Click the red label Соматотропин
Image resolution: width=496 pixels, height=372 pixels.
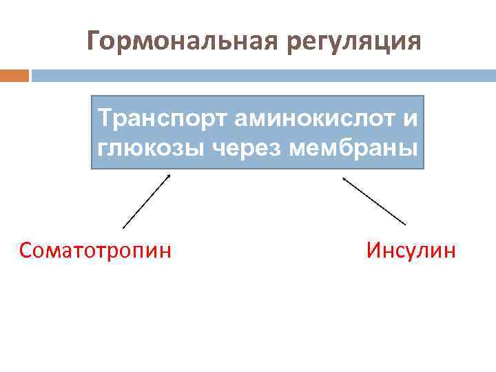click(x=96, y=249)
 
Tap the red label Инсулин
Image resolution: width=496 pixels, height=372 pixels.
click(x=411, y=249)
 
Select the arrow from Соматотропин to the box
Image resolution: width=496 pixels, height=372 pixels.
click(x=146, y=200)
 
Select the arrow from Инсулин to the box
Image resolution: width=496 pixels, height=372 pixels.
click(x=374, y=201)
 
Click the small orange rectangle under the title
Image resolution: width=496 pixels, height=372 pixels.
click(x=14, y=75)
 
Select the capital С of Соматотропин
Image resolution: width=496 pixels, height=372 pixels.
click(x=26, y=249)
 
